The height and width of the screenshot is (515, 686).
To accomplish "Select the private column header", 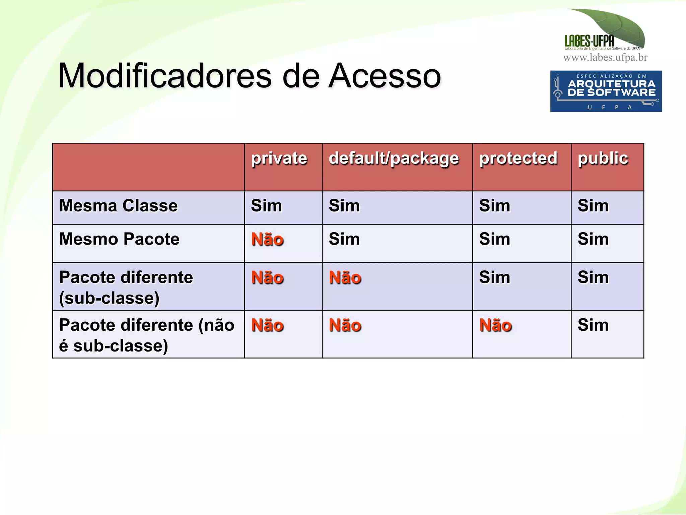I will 279,158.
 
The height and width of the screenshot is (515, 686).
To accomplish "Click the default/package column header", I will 394,159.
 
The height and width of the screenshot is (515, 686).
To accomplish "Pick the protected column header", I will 518,158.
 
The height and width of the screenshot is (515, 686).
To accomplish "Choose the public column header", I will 603,158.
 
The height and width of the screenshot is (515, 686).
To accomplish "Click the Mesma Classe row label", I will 118,205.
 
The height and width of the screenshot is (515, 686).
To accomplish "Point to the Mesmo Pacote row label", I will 119,239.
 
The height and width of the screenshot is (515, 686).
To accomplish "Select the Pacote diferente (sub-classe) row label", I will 126,287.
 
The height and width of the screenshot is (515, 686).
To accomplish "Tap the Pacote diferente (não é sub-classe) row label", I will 146,335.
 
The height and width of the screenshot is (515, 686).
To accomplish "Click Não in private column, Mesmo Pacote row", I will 267,240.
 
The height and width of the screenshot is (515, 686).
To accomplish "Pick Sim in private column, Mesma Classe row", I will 266,205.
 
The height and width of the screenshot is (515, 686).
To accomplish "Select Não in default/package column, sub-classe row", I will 345,278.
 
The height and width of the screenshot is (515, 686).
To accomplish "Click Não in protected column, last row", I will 495,325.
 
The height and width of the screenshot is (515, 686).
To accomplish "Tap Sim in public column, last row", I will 593,325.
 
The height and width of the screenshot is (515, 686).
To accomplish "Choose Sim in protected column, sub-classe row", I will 494,277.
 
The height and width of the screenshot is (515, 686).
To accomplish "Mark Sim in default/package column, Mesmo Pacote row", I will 344,239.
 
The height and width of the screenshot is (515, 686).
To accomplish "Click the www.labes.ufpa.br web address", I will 605,58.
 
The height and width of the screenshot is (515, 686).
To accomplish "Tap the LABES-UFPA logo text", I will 589,41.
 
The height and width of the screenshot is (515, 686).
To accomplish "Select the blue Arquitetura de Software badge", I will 606,91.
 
